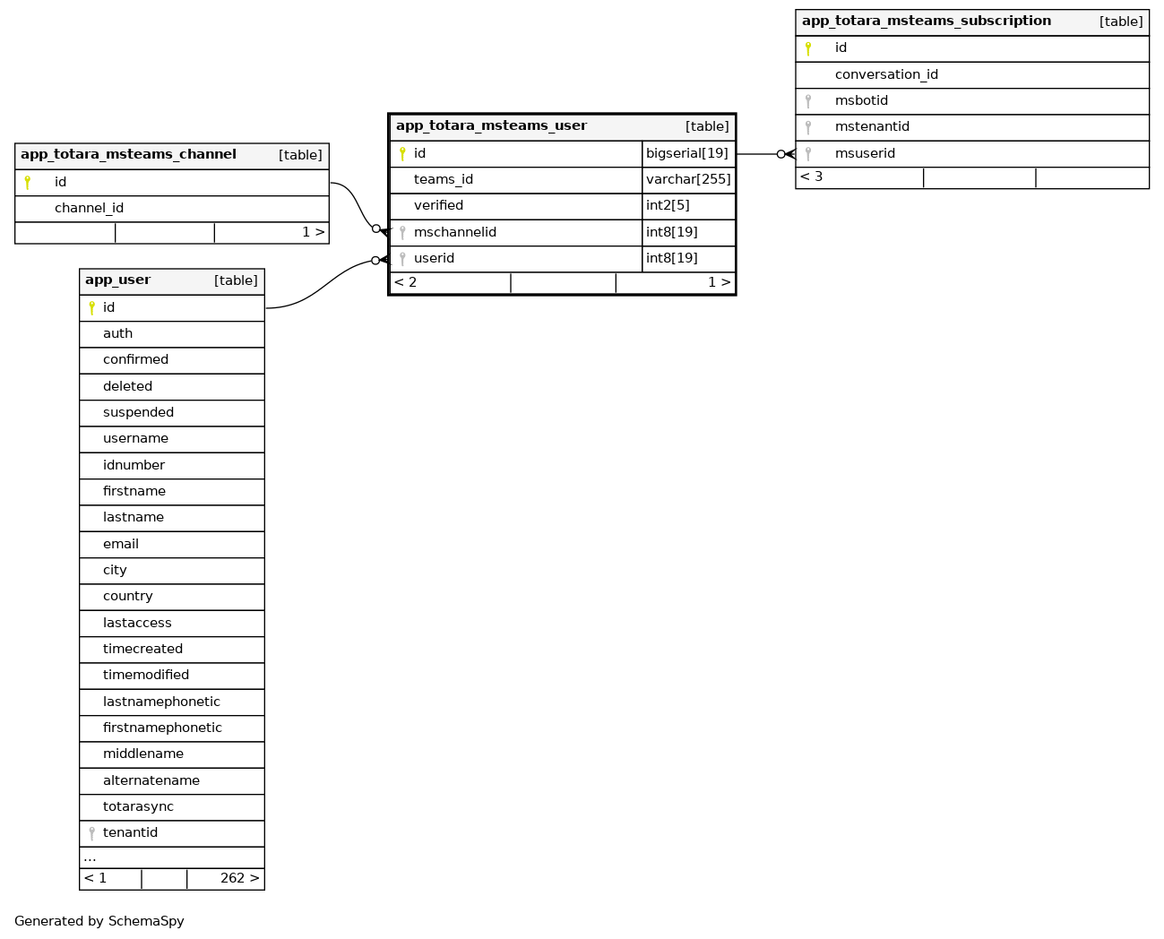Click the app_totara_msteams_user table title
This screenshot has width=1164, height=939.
(491, 126)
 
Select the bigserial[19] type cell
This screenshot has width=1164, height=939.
(687, 153)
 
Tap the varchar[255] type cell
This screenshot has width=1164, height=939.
(688, 179)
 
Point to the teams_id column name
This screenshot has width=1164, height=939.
(444, 179)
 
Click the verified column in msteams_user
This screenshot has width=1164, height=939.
(438, 205)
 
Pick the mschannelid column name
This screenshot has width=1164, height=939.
(455, 232)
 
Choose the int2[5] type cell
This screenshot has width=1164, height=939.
(668, 205)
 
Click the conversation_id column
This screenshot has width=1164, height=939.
(886, 74)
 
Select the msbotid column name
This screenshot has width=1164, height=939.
(861, 100)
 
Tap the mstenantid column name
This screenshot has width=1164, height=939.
(872, 126)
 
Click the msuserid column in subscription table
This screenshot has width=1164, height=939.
(865, 153)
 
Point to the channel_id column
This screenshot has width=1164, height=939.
(89, 208)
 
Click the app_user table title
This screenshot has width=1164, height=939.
(117, 280)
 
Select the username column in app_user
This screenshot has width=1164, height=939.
(135, 438)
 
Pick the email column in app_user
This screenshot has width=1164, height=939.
(121, 544)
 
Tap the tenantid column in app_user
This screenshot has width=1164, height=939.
(130, 832)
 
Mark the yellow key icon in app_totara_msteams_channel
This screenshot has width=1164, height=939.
(28, 182)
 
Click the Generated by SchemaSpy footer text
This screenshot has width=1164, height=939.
(99, 921)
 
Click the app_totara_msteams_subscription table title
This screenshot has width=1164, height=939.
(926, 22)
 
